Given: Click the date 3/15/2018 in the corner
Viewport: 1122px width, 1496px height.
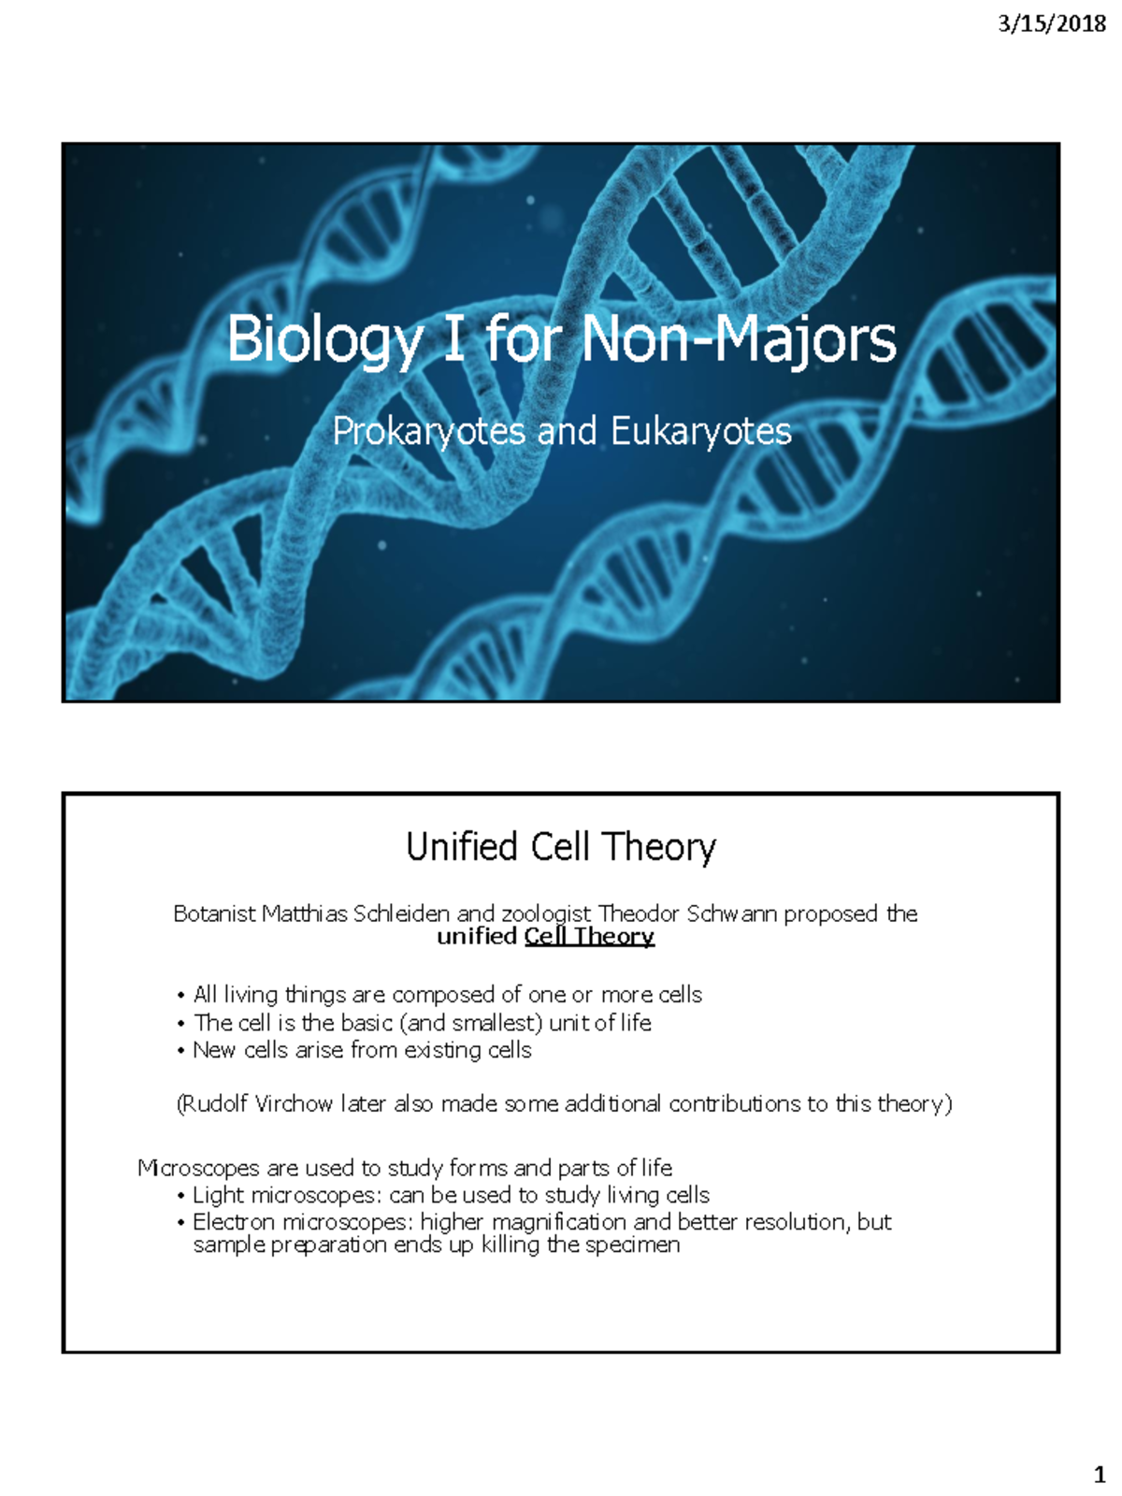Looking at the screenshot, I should (1052, 23).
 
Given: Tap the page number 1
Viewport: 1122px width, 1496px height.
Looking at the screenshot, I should (1100, 1475).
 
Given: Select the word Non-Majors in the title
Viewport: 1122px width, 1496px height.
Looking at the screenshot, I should (739, 338).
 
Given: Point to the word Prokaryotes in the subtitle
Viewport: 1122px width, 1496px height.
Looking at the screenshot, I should (429, 431).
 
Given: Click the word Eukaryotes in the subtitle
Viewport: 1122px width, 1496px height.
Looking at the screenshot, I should (701, 431).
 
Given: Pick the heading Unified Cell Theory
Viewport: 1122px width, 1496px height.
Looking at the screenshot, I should (561, 846).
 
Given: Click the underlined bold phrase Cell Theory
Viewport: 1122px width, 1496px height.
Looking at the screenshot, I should (589, 936).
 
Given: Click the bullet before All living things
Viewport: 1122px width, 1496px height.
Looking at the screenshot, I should (180, 996).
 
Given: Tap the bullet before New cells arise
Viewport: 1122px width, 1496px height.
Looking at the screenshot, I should (180, 1051).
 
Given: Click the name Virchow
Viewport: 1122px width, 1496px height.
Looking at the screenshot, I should (294, 1104).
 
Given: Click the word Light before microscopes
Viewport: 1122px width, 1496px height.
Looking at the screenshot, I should (219, 1195).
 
